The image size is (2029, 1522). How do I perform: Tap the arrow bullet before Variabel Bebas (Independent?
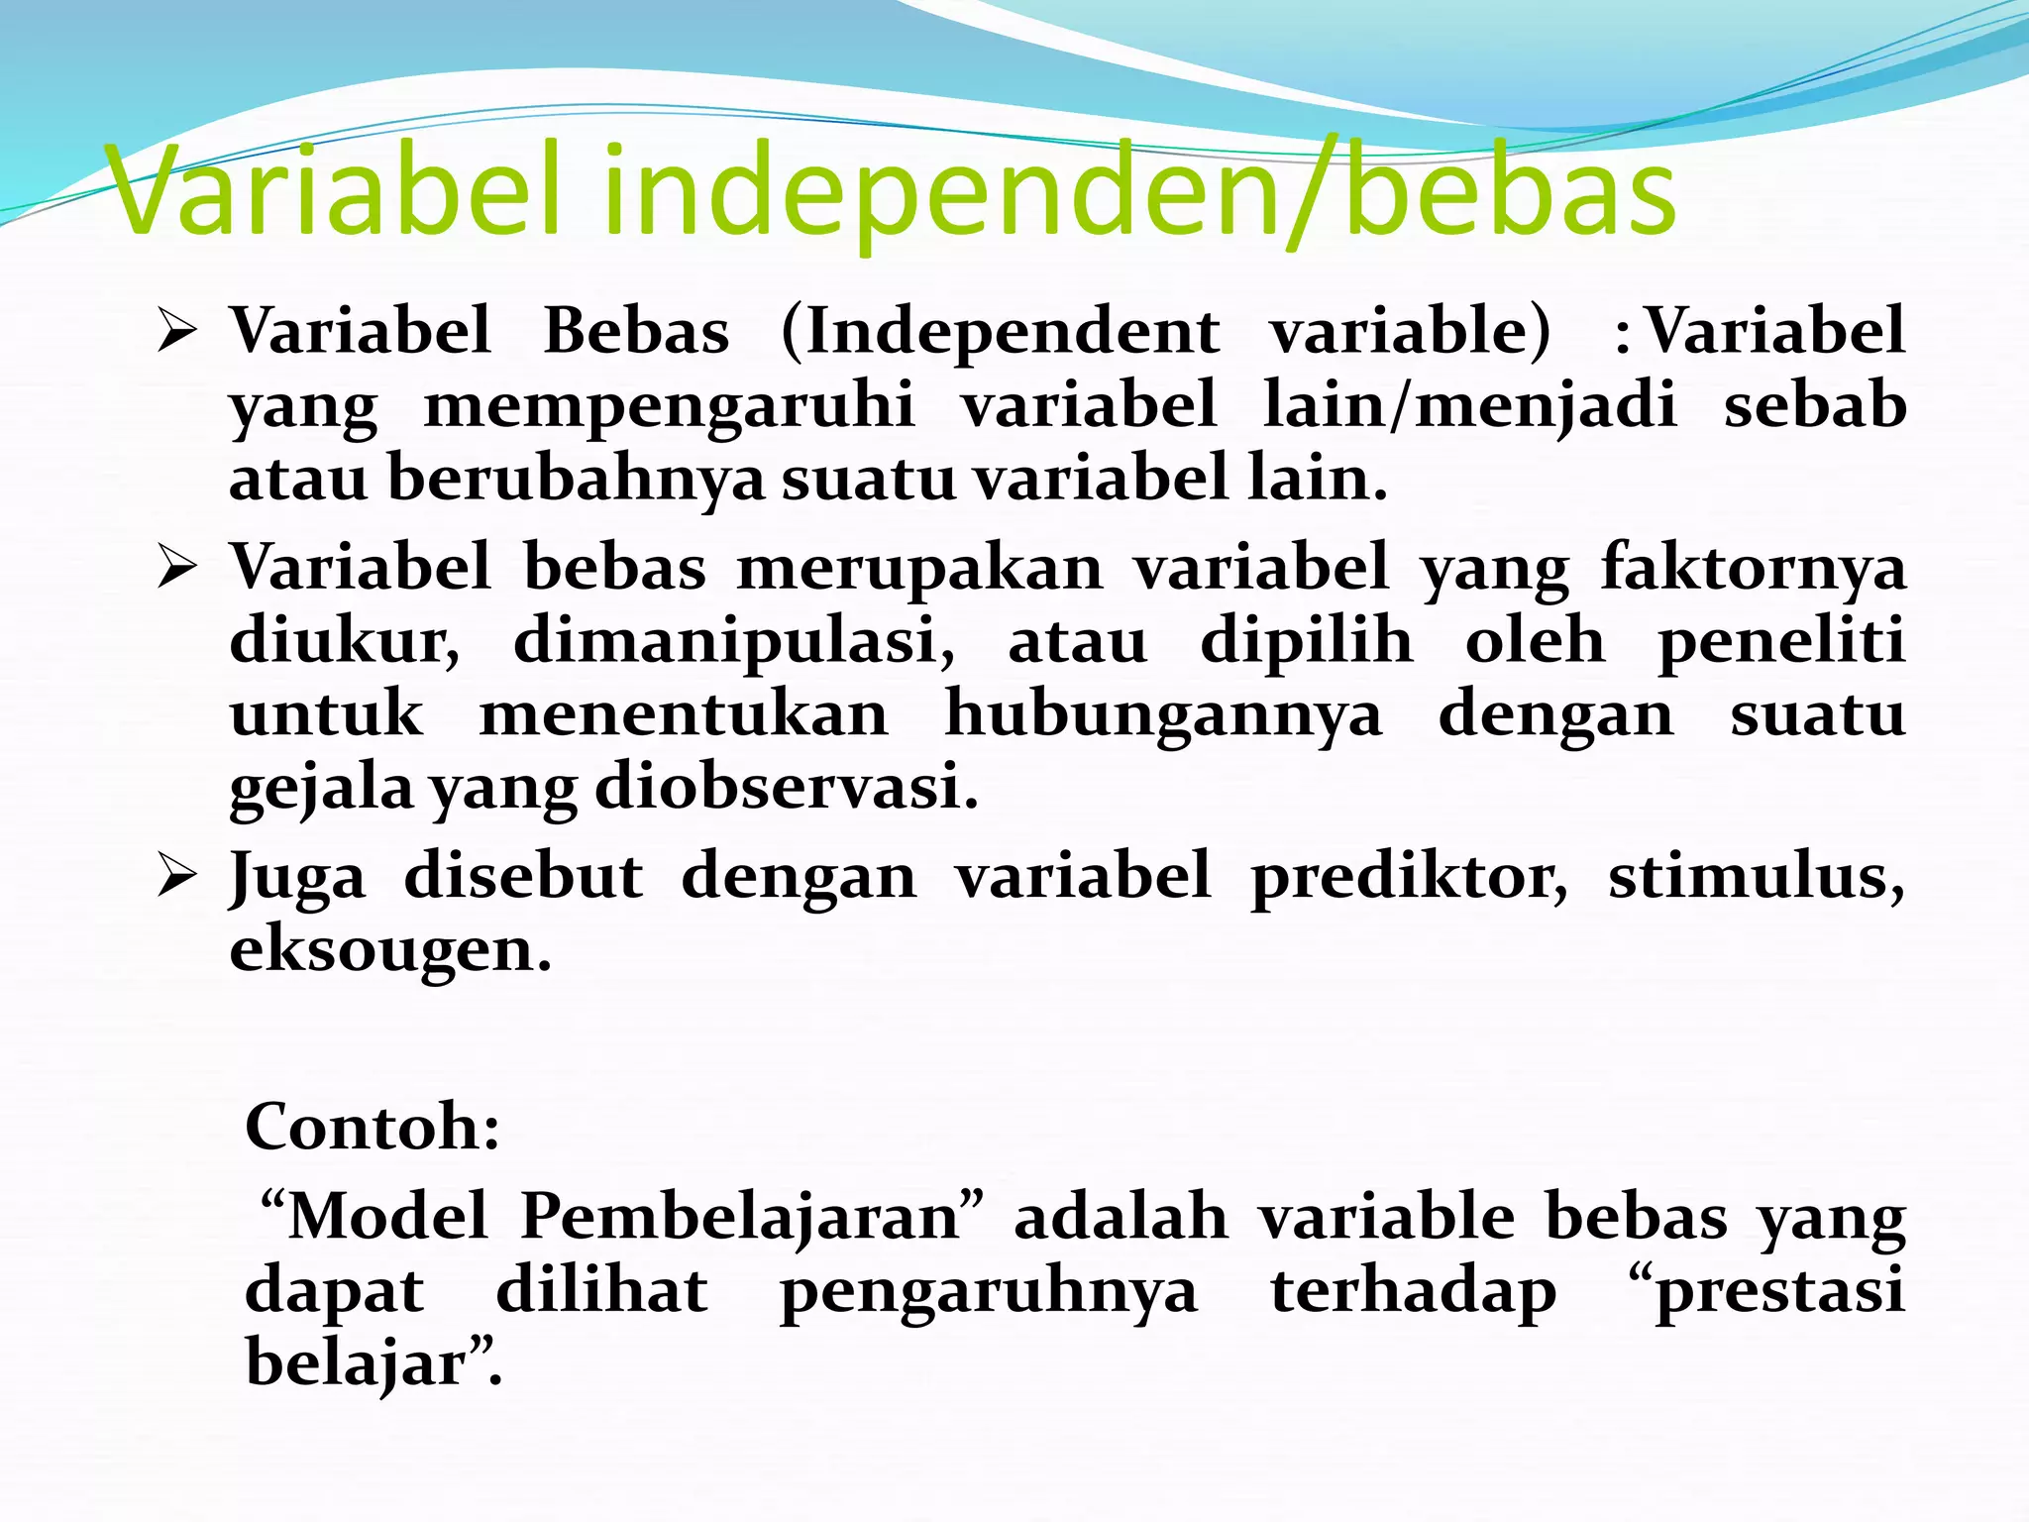tap(178, 332)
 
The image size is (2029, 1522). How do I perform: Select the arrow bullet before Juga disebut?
tap(178, 878)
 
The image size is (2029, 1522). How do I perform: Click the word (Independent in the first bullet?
tap(1001, 332)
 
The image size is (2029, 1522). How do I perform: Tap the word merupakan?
tap(919, 569)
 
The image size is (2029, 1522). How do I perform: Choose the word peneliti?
tap(1781, 641)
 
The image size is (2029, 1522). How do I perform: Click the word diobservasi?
tap(787, 789)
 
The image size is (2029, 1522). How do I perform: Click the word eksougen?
tap(390, 951)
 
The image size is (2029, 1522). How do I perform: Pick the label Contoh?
tap(373, 1128)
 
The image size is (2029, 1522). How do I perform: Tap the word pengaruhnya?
tap(989, 1292)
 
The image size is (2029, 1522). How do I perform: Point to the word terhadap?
tap(1413, 1292)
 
